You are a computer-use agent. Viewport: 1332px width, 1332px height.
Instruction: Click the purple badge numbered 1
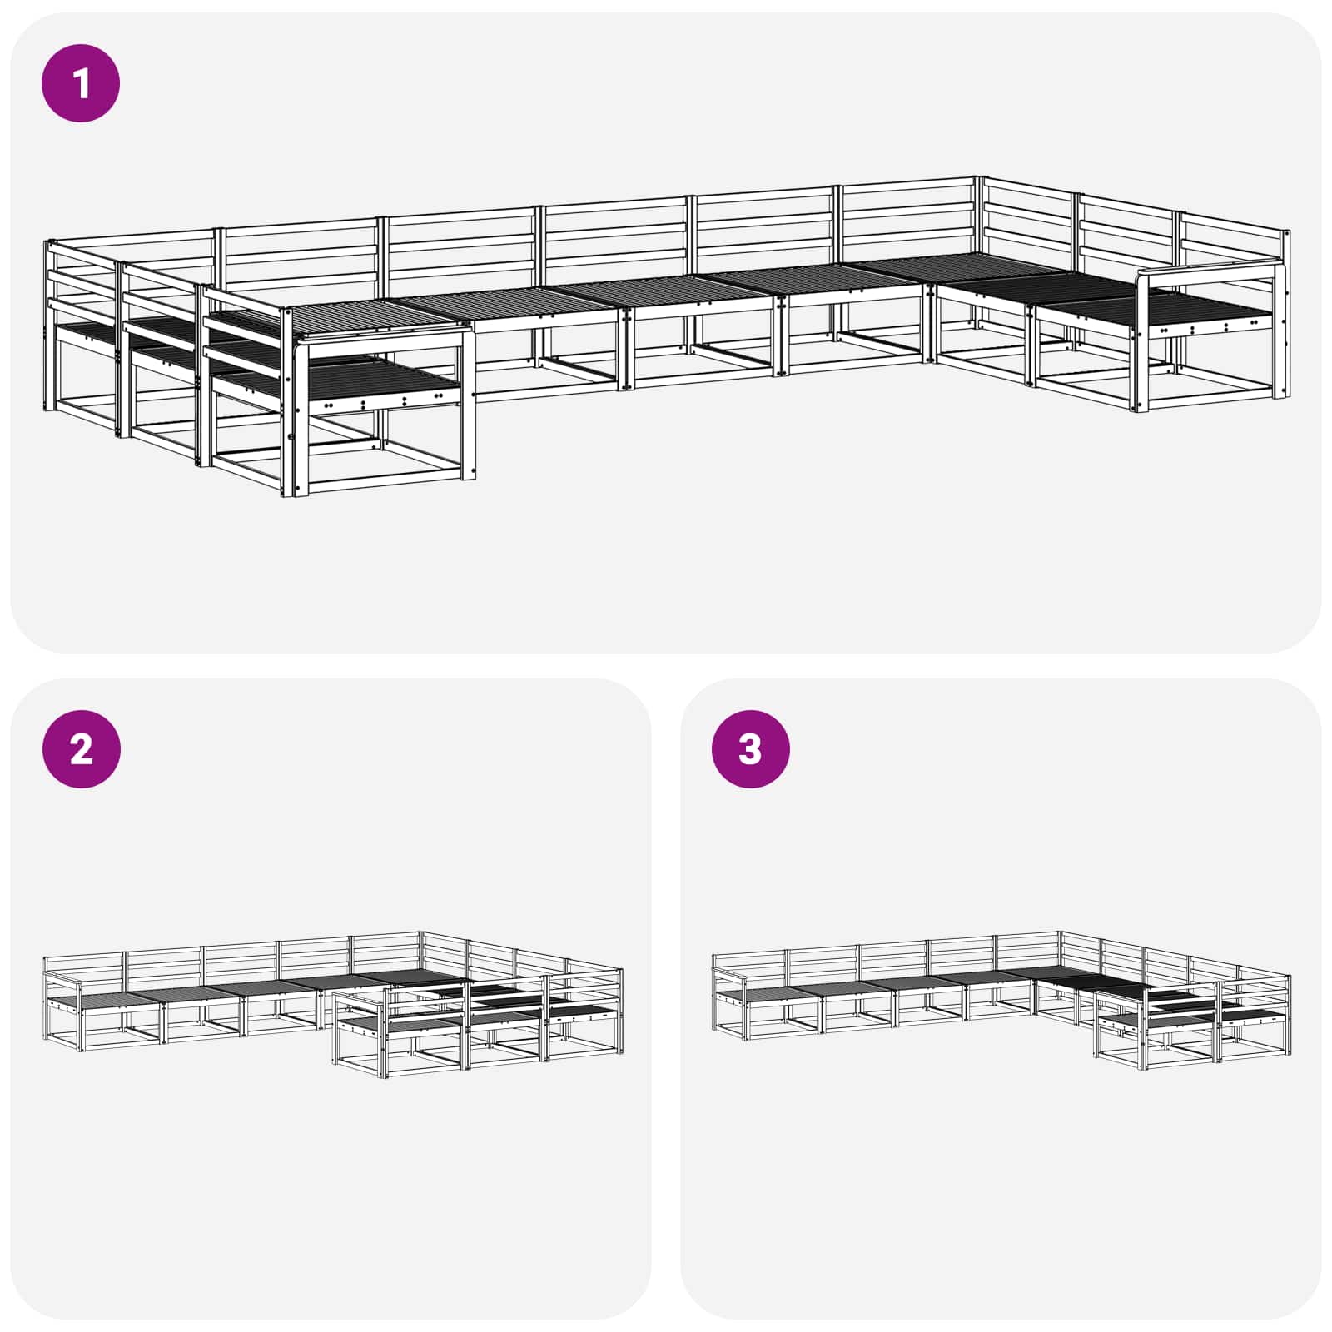[x=81, y=83]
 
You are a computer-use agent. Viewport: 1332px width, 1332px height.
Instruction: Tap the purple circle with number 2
[x=81, y=749]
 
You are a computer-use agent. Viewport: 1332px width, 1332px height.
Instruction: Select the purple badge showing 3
[x=750, y=749]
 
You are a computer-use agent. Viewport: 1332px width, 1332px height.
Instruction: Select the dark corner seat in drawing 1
[x=974, y=271]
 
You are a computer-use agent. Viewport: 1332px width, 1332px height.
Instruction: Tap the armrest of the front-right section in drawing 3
[x=1120, y=996]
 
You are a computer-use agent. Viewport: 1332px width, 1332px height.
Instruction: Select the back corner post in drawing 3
[x=1059, y=953]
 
